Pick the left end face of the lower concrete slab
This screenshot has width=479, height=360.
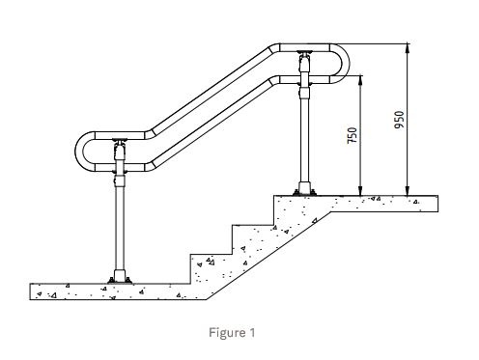(x=31, y=291)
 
